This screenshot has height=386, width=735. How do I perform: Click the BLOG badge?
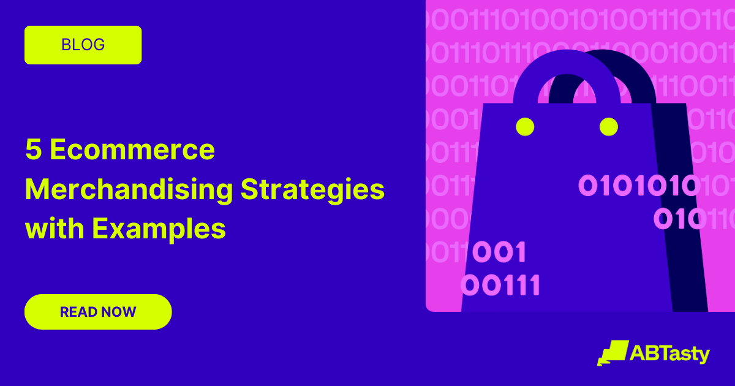83,45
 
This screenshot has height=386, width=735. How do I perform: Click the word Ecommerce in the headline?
132,150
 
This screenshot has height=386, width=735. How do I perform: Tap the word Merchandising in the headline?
129,190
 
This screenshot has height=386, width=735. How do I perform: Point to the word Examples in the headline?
159,229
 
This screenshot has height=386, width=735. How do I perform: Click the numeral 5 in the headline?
34,150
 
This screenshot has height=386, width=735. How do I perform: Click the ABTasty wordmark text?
669,354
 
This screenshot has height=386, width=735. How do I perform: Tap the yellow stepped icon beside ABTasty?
612,354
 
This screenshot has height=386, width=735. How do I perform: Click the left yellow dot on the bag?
525,127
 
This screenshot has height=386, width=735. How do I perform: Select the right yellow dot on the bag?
608,127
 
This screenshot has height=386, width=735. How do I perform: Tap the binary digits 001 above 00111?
499,252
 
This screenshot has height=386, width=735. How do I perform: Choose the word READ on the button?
78,312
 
